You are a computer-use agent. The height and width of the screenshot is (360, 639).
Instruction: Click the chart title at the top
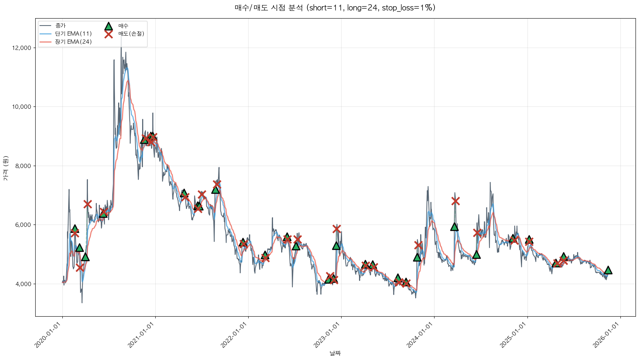335,8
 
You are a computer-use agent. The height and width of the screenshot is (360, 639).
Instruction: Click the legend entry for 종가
60,26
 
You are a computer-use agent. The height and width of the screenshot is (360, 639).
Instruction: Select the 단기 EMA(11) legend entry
73,34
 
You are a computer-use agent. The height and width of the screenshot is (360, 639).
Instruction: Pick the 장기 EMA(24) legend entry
73,42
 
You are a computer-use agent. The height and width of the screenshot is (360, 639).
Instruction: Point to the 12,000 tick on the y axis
22,48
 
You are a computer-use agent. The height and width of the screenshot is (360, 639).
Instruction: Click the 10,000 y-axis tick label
22,107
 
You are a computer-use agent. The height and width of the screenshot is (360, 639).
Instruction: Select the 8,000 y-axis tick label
23,166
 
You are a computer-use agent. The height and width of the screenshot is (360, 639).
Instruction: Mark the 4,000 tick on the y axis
23,284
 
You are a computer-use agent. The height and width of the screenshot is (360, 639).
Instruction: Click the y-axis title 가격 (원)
5,168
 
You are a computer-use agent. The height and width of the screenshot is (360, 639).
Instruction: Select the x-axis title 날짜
335,353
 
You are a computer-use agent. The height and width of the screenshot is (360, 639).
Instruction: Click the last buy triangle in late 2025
608,270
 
